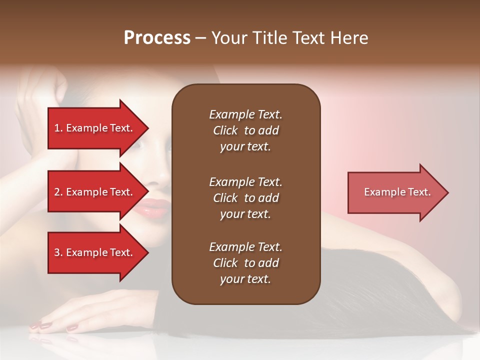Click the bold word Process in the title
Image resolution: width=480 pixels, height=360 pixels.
[157, 38]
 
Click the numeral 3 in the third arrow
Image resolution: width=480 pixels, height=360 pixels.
[56, 252]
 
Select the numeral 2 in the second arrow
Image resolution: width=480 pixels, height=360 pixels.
[56, 192]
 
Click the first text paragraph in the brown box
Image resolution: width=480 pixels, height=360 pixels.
[245, 130]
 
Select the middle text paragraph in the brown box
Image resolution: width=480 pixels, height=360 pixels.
[245, 198]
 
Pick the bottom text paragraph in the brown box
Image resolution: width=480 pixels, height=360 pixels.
[245, 263]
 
